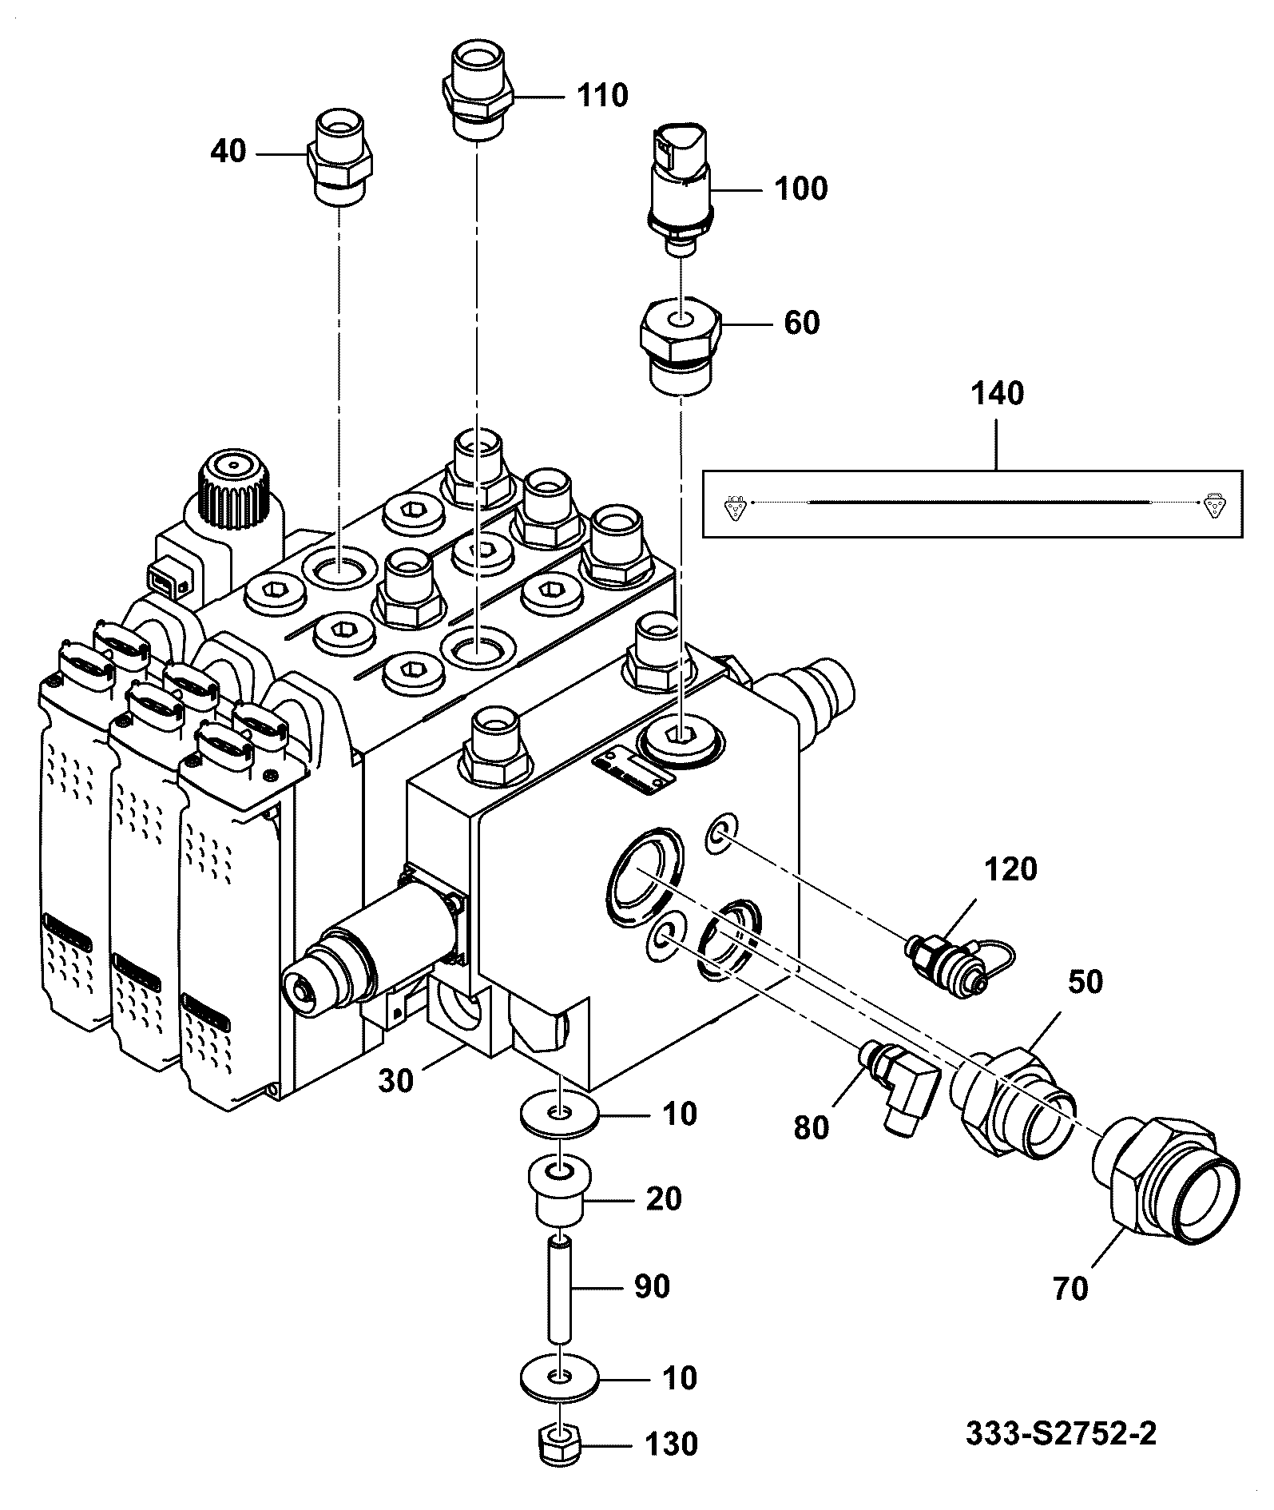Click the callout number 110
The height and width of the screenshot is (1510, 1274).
602,96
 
